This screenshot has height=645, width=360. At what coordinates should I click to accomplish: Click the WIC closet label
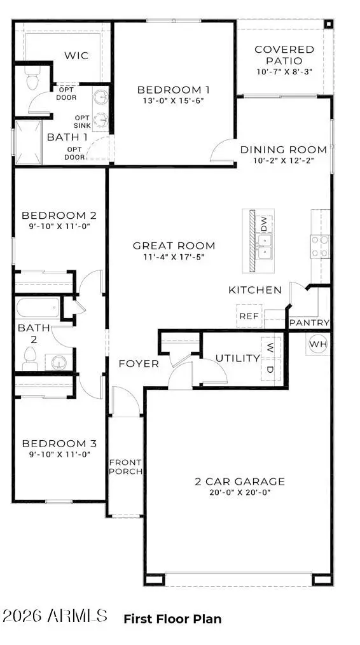(x=76, y=56)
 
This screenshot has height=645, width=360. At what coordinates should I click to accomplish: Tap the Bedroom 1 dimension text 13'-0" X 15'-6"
(x=174, y=101)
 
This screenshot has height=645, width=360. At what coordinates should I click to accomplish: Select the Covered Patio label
(x=284, y=55)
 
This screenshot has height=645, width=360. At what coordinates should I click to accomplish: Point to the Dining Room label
(x=283, y=150)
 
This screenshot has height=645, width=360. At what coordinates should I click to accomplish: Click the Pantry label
(x=309, y=323)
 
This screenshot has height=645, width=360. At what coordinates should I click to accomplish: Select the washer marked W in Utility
(x=270, y=348)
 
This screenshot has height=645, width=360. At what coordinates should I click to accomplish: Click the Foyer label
(x=139, y=364)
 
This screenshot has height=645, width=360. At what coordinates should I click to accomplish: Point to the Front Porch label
(x=125, y=467)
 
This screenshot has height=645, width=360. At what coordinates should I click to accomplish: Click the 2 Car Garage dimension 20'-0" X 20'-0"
(x=239, y=492)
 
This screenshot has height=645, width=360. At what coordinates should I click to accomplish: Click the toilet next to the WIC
(x=30, y=81)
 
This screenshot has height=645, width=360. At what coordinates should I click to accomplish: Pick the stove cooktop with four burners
(x=320, y=246)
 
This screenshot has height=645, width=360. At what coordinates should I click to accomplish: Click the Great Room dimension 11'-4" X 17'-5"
(x=174, y=257)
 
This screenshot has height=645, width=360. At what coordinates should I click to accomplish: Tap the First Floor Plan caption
(x=172, y=618)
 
